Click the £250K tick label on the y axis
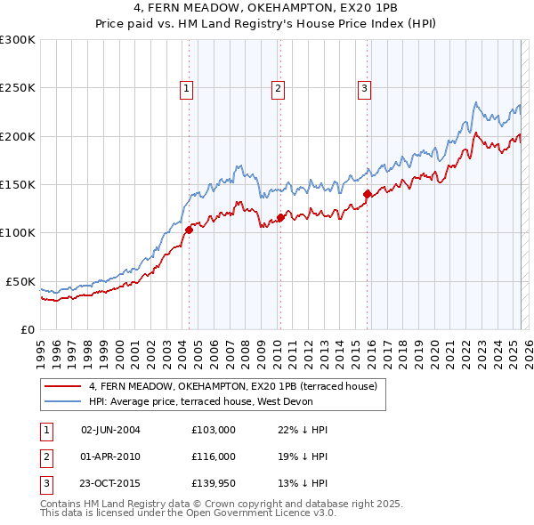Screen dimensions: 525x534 tap(18, 88)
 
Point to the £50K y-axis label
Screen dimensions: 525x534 tap(20, 281)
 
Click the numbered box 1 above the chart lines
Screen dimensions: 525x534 tap(187, 88)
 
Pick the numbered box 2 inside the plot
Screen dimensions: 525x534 tap(278, 88)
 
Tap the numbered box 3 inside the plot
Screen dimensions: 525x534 tap(365, 88)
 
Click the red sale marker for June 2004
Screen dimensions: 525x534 tap(189, 230)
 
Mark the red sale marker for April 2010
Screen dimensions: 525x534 tap(280, 217)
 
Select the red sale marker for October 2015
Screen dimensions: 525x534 tap(367, 193)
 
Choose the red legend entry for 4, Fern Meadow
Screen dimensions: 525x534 tap(233, 386)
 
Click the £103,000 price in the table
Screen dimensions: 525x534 tap(213, 430)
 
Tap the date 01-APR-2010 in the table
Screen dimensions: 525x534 tap(110, 456)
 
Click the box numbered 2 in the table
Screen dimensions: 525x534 tap(46, 456)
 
